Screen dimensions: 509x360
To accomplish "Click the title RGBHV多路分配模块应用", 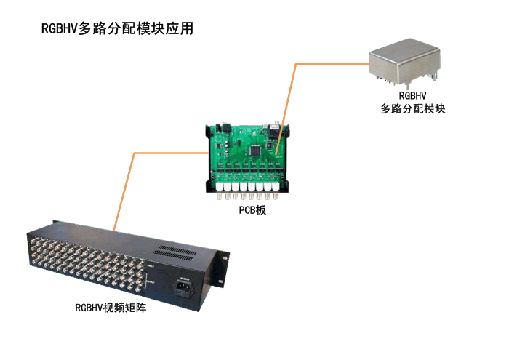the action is (x=117, y=28).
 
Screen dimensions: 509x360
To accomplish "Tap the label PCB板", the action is (x=252, y=210).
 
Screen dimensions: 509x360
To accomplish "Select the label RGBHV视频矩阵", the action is (x=111, y=308).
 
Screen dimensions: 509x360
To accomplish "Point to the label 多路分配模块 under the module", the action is (x=412, y=109).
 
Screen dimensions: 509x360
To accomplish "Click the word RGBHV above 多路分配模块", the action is (x=412, y=95).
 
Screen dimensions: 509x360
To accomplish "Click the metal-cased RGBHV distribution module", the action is (x=405, y=63).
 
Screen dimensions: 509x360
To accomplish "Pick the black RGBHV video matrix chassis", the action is (x=128, y=265).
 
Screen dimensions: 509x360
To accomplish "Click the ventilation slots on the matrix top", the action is (x=175, y=253).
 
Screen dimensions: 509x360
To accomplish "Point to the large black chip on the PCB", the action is (x=255, y=151).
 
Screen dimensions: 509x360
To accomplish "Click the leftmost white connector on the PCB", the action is (x=220, y=187).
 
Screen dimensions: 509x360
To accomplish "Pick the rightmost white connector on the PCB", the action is (x=276, y=187).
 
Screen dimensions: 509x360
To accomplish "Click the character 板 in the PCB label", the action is (x=260, y=210).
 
